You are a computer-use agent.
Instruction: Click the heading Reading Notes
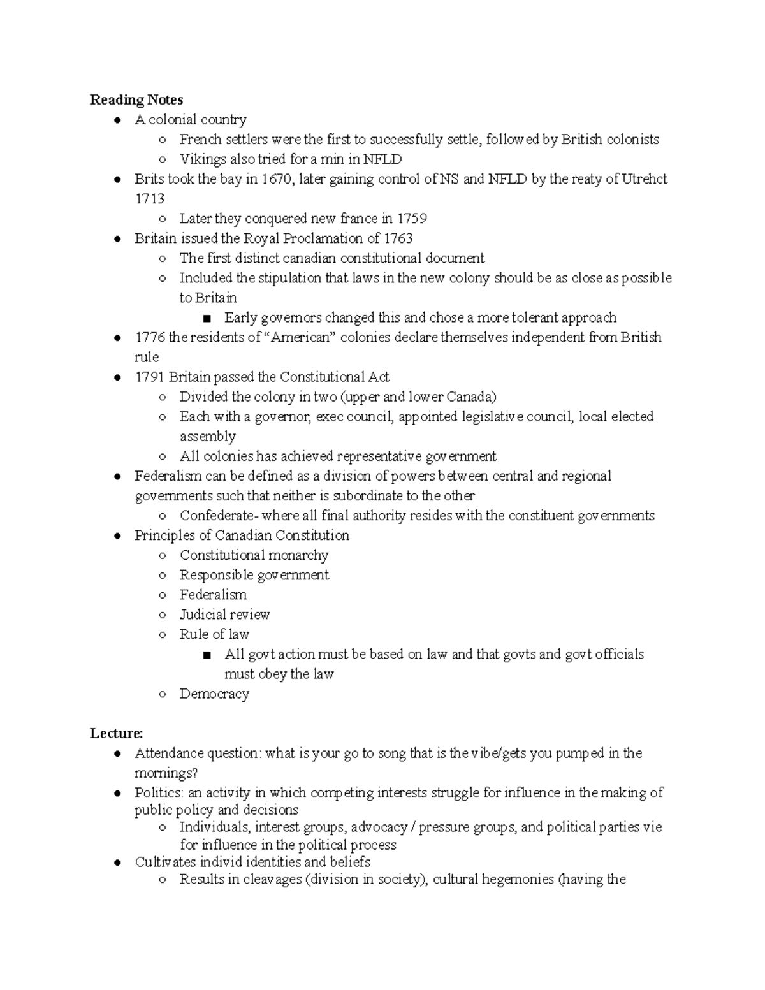tap(136, 99)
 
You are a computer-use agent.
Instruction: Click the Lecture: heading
tap(117, 733)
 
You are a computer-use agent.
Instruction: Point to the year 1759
tap(412, 219)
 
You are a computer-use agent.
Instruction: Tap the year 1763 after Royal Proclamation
tap(398, 238)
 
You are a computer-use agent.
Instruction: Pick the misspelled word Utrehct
tap(645, 179)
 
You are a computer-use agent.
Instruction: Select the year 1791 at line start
tap(150, 377)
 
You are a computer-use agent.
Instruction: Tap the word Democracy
tap(214, 694)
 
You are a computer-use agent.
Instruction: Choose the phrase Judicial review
tap(224, 615)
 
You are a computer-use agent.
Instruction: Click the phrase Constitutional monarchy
tap(254, 555)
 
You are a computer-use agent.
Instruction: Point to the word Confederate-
tap(219, 516)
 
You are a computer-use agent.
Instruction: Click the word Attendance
tap(166, 753)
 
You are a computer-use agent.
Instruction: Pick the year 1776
tap(150, 337)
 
